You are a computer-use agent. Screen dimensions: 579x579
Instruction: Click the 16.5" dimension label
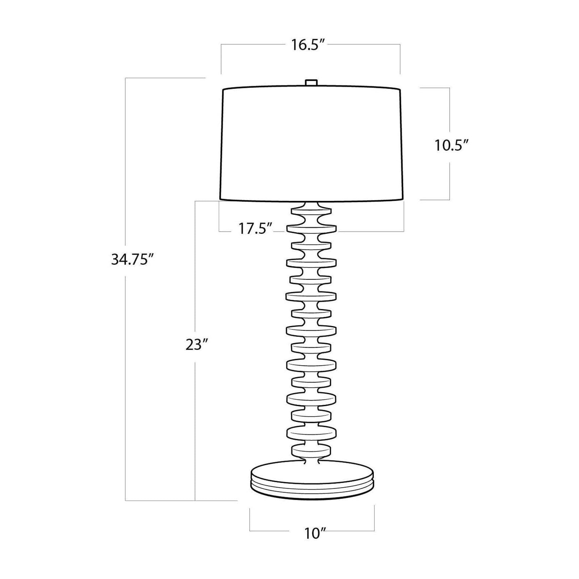click(310, 45)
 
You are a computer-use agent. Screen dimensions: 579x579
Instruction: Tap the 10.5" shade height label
click(451, 145)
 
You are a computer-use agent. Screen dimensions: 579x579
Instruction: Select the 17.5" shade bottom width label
click(255, 229)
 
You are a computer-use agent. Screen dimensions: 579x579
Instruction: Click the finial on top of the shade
click(311, 83)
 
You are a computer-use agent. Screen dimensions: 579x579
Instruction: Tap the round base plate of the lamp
click(312, 479)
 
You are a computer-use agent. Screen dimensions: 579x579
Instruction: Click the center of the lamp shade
click(311, 143)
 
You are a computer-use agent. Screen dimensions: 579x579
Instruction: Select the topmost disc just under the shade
click(311, 210)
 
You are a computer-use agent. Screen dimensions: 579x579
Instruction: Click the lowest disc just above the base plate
click(311, 450)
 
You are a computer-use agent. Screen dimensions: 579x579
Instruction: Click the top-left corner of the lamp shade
click(223, 89)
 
